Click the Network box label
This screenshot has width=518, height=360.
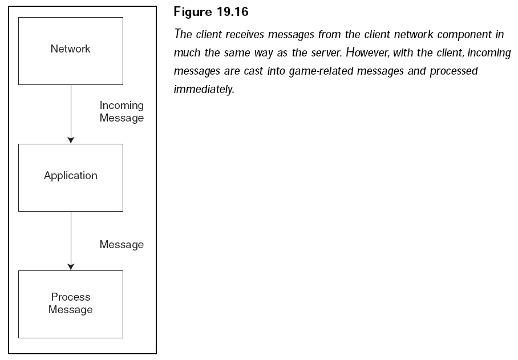[x=70, y=49]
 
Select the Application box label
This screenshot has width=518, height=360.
[x=70, y=176]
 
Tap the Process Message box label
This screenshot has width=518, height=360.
[x=70, y=304]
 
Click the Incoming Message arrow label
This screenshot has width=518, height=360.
[x=122, y=112]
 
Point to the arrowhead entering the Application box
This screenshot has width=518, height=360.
[x=71, y=140]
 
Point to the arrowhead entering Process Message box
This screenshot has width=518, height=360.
[x=71, y=266]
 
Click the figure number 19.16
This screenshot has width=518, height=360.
[x=230, y=13]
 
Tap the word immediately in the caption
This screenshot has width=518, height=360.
[x=204, y=90]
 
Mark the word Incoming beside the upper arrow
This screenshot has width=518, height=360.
[x=122, y=106]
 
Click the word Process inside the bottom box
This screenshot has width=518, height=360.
[x=71, y=297]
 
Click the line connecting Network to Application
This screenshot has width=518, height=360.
[x=71, y=111]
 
